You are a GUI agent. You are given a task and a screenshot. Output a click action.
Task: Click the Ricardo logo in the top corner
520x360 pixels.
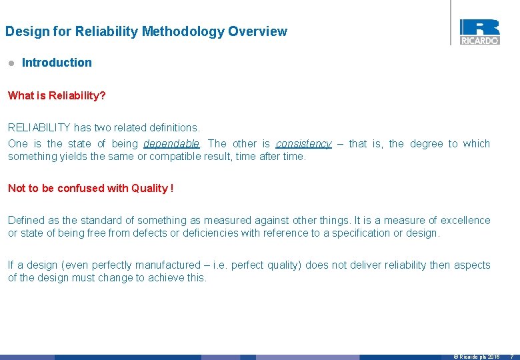479,31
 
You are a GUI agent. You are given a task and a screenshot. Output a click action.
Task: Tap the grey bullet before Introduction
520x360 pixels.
11,63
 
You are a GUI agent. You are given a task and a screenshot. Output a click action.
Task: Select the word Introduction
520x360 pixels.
57,63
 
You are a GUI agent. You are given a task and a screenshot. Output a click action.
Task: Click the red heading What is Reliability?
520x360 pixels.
57,95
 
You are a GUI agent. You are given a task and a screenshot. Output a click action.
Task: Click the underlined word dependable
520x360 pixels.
171,143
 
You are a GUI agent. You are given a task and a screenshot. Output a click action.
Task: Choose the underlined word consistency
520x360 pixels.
303,143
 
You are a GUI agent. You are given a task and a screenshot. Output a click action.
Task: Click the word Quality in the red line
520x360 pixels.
149,188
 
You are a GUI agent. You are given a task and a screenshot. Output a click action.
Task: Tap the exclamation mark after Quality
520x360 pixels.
172,188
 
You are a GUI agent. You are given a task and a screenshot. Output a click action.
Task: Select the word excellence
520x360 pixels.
464,220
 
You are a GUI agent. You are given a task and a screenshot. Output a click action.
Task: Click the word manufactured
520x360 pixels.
170,265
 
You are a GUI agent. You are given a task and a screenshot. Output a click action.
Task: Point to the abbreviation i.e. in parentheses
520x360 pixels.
220,265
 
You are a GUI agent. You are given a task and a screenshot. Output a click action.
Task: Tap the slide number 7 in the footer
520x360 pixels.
512,357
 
